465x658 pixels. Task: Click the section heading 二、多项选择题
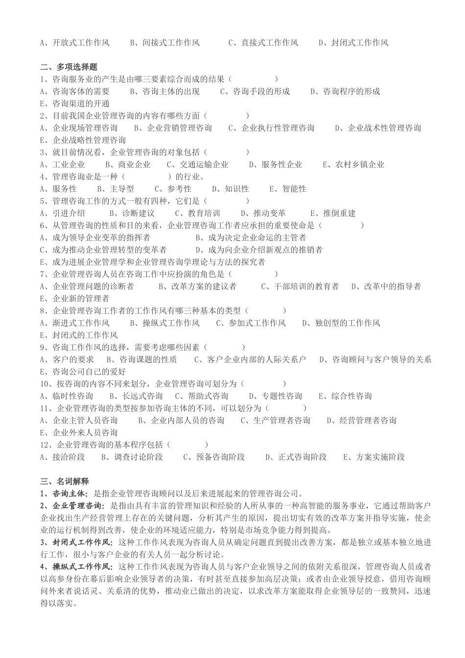(x=69, y=67)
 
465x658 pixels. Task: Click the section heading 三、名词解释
(x=65, y=482)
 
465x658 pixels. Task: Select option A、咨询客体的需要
(x=75, y=92)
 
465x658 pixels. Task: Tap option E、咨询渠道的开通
(x=75, y=104)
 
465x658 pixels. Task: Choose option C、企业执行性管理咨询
(x=271, y=128)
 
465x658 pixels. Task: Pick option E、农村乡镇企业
(x=353, y=165)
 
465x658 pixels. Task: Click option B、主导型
(x=116, y=189)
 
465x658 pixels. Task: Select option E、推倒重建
(x=333, y=213)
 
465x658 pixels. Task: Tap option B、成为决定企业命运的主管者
(x=251, y=238)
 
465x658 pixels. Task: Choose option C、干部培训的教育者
(x=300, y=286)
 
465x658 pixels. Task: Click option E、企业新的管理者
(x=75, y=299)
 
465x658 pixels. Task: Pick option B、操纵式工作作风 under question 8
(x=164, y=323)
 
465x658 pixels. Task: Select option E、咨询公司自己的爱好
(x=83, y=372)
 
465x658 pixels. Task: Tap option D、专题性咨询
(x=275, y=396)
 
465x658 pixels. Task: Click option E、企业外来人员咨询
(x=79, y=433)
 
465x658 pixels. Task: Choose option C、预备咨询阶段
(x=214, y=457)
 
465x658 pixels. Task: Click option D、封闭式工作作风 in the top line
(x=353, y=43)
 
